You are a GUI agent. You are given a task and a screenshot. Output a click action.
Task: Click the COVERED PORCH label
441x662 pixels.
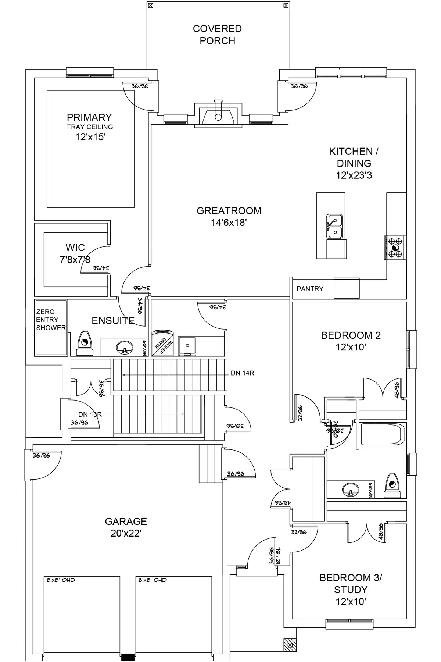(x=217, y=35)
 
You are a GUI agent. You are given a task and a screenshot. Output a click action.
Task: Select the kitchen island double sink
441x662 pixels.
(x=334, y=226)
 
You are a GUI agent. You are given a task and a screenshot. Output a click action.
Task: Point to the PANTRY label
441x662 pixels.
(x=310, y=289)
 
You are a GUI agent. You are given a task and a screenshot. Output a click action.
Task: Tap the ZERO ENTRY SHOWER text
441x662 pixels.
(x=51, y=320)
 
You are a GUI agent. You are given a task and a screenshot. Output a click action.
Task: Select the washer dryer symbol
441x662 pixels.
(x=162, y=344)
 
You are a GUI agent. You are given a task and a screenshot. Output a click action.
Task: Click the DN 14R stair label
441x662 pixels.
(x=242, y=373)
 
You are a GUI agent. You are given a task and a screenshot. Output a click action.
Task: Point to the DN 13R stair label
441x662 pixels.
(x=90, y=414)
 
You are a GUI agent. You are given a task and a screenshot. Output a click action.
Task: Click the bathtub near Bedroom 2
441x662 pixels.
(x=382, y=435)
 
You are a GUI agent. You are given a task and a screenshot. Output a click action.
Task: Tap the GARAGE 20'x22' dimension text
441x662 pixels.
(x=126, y=533)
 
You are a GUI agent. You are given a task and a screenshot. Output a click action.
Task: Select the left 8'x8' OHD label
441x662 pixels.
(x=61, y=580)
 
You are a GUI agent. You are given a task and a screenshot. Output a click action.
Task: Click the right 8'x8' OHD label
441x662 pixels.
(x=153, y=580)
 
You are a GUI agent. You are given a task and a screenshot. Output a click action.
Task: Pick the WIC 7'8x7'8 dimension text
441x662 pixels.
(x=75, y=260)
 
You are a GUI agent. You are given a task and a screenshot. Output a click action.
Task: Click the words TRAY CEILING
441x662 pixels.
(x=90, y=127)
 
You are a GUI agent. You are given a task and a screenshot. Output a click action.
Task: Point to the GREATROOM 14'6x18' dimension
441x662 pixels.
(x=228, y=223)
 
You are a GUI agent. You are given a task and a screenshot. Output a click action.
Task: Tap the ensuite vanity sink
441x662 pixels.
(x=125, y=347)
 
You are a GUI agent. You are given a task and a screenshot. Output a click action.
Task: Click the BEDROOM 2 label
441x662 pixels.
(x=351, y=335)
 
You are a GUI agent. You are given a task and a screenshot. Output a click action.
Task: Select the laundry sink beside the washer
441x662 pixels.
(x=187, y=346)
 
